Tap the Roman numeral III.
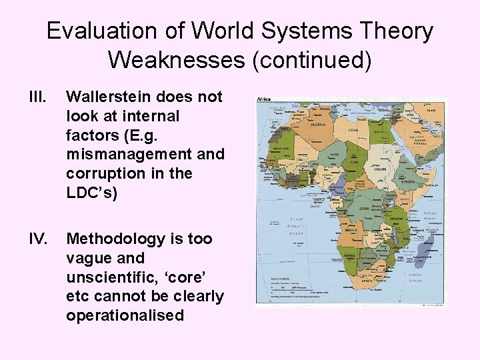pyautogui.click(x=39, y=97)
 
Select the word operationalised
pyautogui.click(x=125, y=315)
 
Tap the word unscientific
pyautogui.click(x=112, y=277)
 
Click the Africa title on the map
pyautogui.click(x=265, y=100)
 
